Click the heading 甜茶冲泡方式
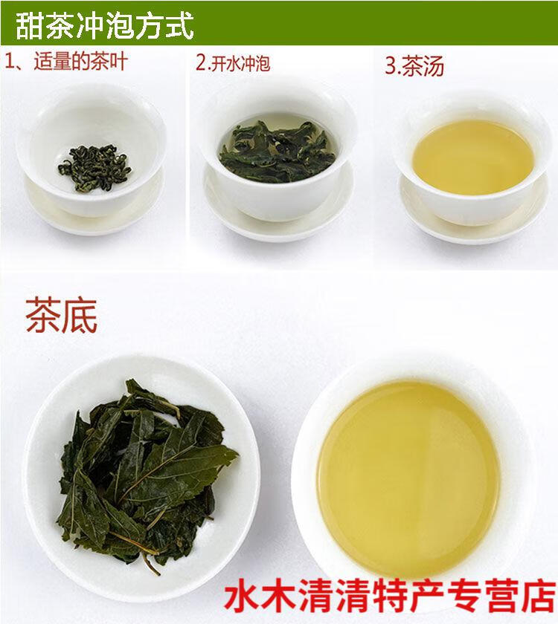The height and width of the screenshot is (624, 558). point(105,25)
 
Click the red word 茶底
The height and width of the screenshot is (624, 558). point(61,316)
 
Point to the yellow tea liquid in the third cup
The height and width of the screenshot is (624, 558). point(473,157)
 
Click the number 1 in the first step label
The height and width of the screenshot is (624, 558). point(10,63)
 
